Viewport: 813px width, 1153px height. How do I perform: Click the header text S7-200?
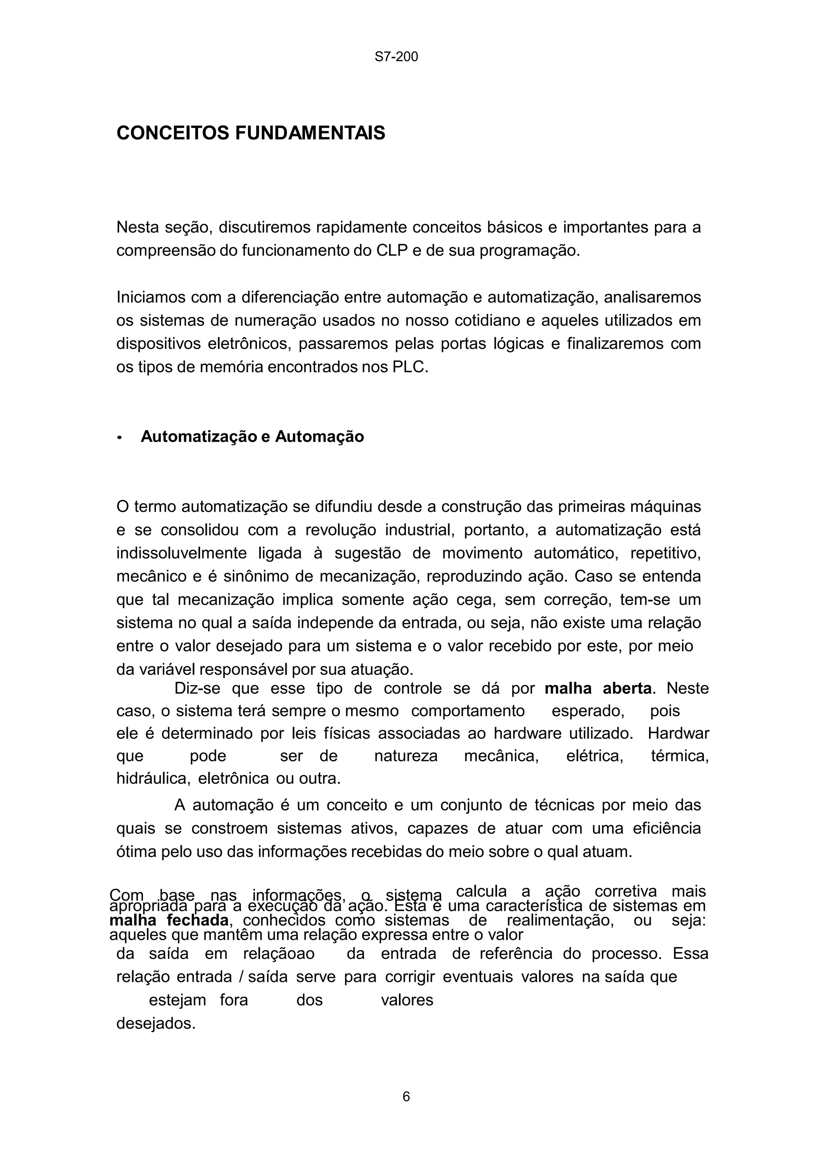tap(396, 57)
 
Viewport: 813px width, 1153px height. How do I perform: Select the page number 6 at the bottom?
tap(406, 1097)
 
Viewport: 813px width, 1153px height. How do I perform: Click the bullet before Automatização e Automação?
tap(119, 438)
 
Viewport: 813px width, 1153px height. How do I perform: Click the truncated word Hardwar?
tap(678, 734)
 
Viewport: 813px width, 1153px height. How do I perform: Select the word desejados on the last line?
tap(156, 1024)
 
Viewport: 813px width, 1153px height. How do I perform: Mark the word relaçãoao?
tap(279, 954)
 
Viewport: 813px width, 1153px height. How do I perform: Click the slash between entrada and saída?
tap(242, 977)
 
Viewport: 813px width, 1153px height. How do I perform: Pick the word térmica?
tap(680, 756)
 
